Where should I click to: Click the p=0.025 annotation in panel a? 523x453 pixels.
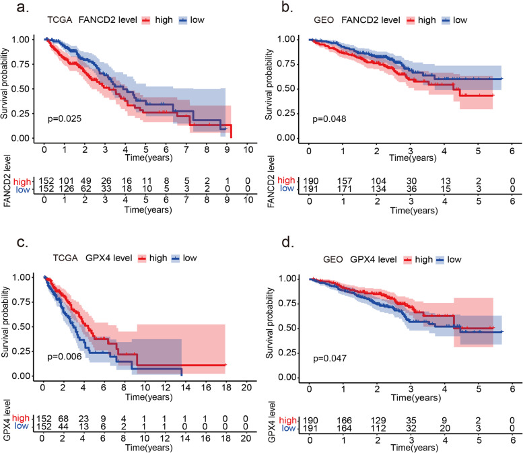pos(65,119)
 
